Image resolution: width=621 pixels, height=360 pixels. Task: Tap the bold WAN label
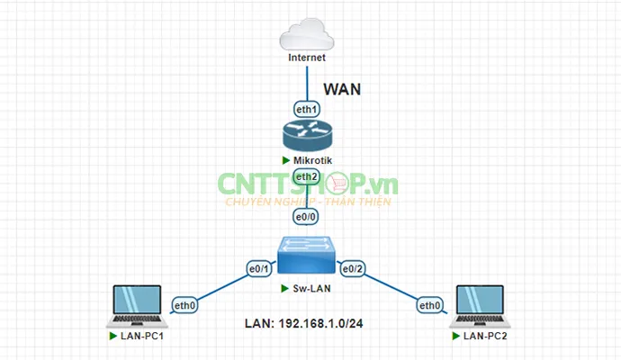pyautogui.click(x=342, y=89)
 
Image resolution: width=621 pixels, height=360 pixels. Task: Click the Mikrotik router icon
pyautogui.click(x=307, y=137)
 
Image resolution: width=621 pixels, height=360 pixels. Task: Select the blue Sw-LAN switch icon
pyautogui.click(x=307, y=256)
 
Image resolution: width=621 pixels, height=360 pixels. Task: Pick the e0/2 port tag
pyautogui.click(x=353, y=268)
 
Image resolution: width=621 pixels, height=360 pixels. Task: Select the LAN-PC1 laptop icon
pyautogui.click(x=134, y=307)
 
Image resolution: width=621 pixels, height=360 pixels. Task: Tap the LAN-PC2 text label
pyautogui.click(x=486, y=336)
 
